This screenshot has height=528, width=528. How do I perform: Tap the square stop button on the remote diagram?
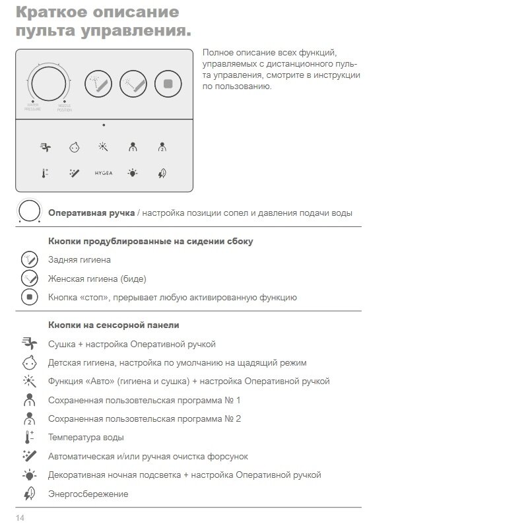coord(168,84)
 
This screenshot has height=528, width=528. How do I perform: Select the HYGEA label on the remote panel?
coord(104,174)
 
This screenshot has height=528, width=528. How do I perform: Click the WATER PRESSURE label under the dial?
coord(32,107)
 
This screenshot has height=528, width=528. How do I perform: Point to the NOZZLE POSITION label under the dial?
coord(65,107)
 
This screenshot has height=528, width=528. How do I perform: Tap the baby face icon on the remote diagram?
coord(74,147)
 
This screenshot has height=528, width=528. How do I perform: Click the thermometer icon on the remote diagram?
coord(45,174)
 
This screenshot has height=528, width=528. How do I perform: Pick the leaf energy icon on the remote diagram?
coord(162,174)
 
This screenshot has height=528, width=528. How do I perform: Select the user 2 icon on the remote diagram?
coord(162,147)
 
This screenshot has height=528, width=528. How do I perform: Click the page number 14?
coord(20,517)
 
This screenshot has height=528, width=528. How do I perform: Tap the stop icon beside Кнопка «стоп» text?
coord(29,297)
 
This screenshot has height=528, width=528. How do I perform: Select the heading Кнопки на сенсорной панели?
coord(114,325)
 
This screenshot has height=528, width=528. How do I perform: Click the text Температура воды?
coord(86,438)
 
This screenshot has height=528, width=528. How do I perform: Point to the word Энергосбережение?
coord(88,494)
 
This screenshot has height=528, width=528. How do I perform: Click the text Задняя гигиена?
coord(79,260)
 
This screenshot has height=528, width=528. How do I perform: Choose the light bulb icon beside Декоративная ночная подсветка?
coord(29,475)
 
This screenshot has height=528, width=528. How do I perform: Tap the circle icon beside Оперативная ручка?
coord(30,212)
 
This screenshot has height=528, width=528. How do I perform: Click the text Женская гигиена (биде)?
coord(97,279)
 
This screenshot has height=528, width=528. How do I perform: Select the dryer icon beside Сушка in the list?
coord(29,343)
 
